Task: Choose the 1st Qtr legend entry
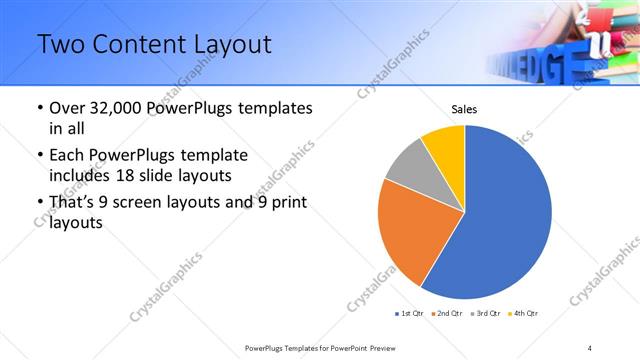tap(410, 314)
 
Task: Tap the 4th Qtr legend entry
tap(525, 314)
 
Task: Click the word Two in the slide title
tap(59, 46)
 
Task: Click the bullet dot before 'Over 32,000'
tap(39, 108)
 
